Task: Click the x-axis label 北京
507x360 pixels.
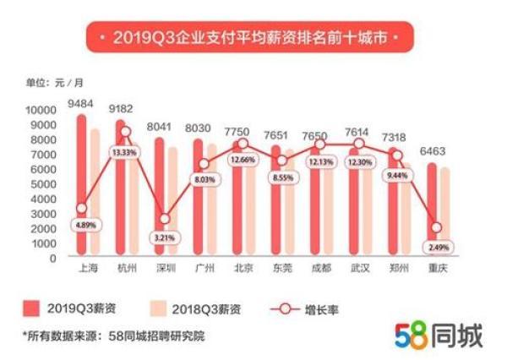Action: point(242,270)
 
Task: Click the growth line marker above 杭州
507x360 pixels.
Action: point(124,132)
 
